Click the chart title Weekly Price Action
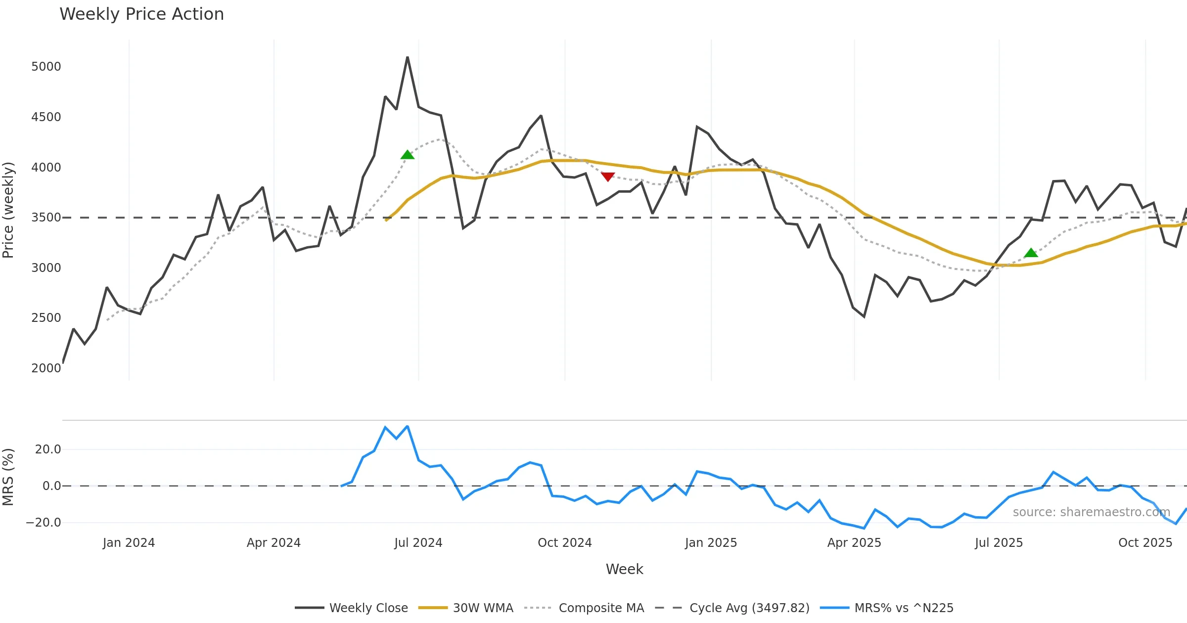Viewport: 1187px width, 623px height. coord(141,14)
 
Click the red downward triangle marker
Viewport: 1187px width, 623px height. coord(608,177)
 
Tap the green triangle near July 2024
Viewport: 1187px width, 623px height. coord(408,155)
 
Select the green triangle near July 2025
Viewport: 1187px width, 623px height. coord(1031,253)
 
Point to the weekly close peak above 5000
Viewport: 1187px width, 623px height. coord(408,57)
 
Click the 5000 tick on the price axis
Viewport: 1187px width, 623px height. coord(46,67)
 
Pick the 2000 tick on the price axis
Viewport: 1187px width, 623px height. coord(46,368)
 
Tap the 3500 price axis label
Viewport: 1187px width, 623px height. coord(46,218)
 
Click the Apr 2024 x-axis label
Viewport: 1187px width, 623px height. coord(274,543)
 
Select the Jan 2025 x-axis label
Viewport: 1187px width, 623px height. coord(711,543)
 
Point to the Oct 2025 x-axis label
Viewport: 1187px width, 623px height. coord(1145,543)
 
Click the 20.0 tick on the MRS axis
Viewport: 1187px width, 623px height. coord(48,449)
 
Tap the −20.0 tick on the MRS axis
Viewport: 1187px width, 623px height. coord(44,523)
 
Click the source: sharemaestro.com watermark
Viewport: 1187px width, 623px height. coord(1091,512)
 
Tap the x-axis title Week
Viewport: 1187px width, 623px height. coord(624,570)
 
